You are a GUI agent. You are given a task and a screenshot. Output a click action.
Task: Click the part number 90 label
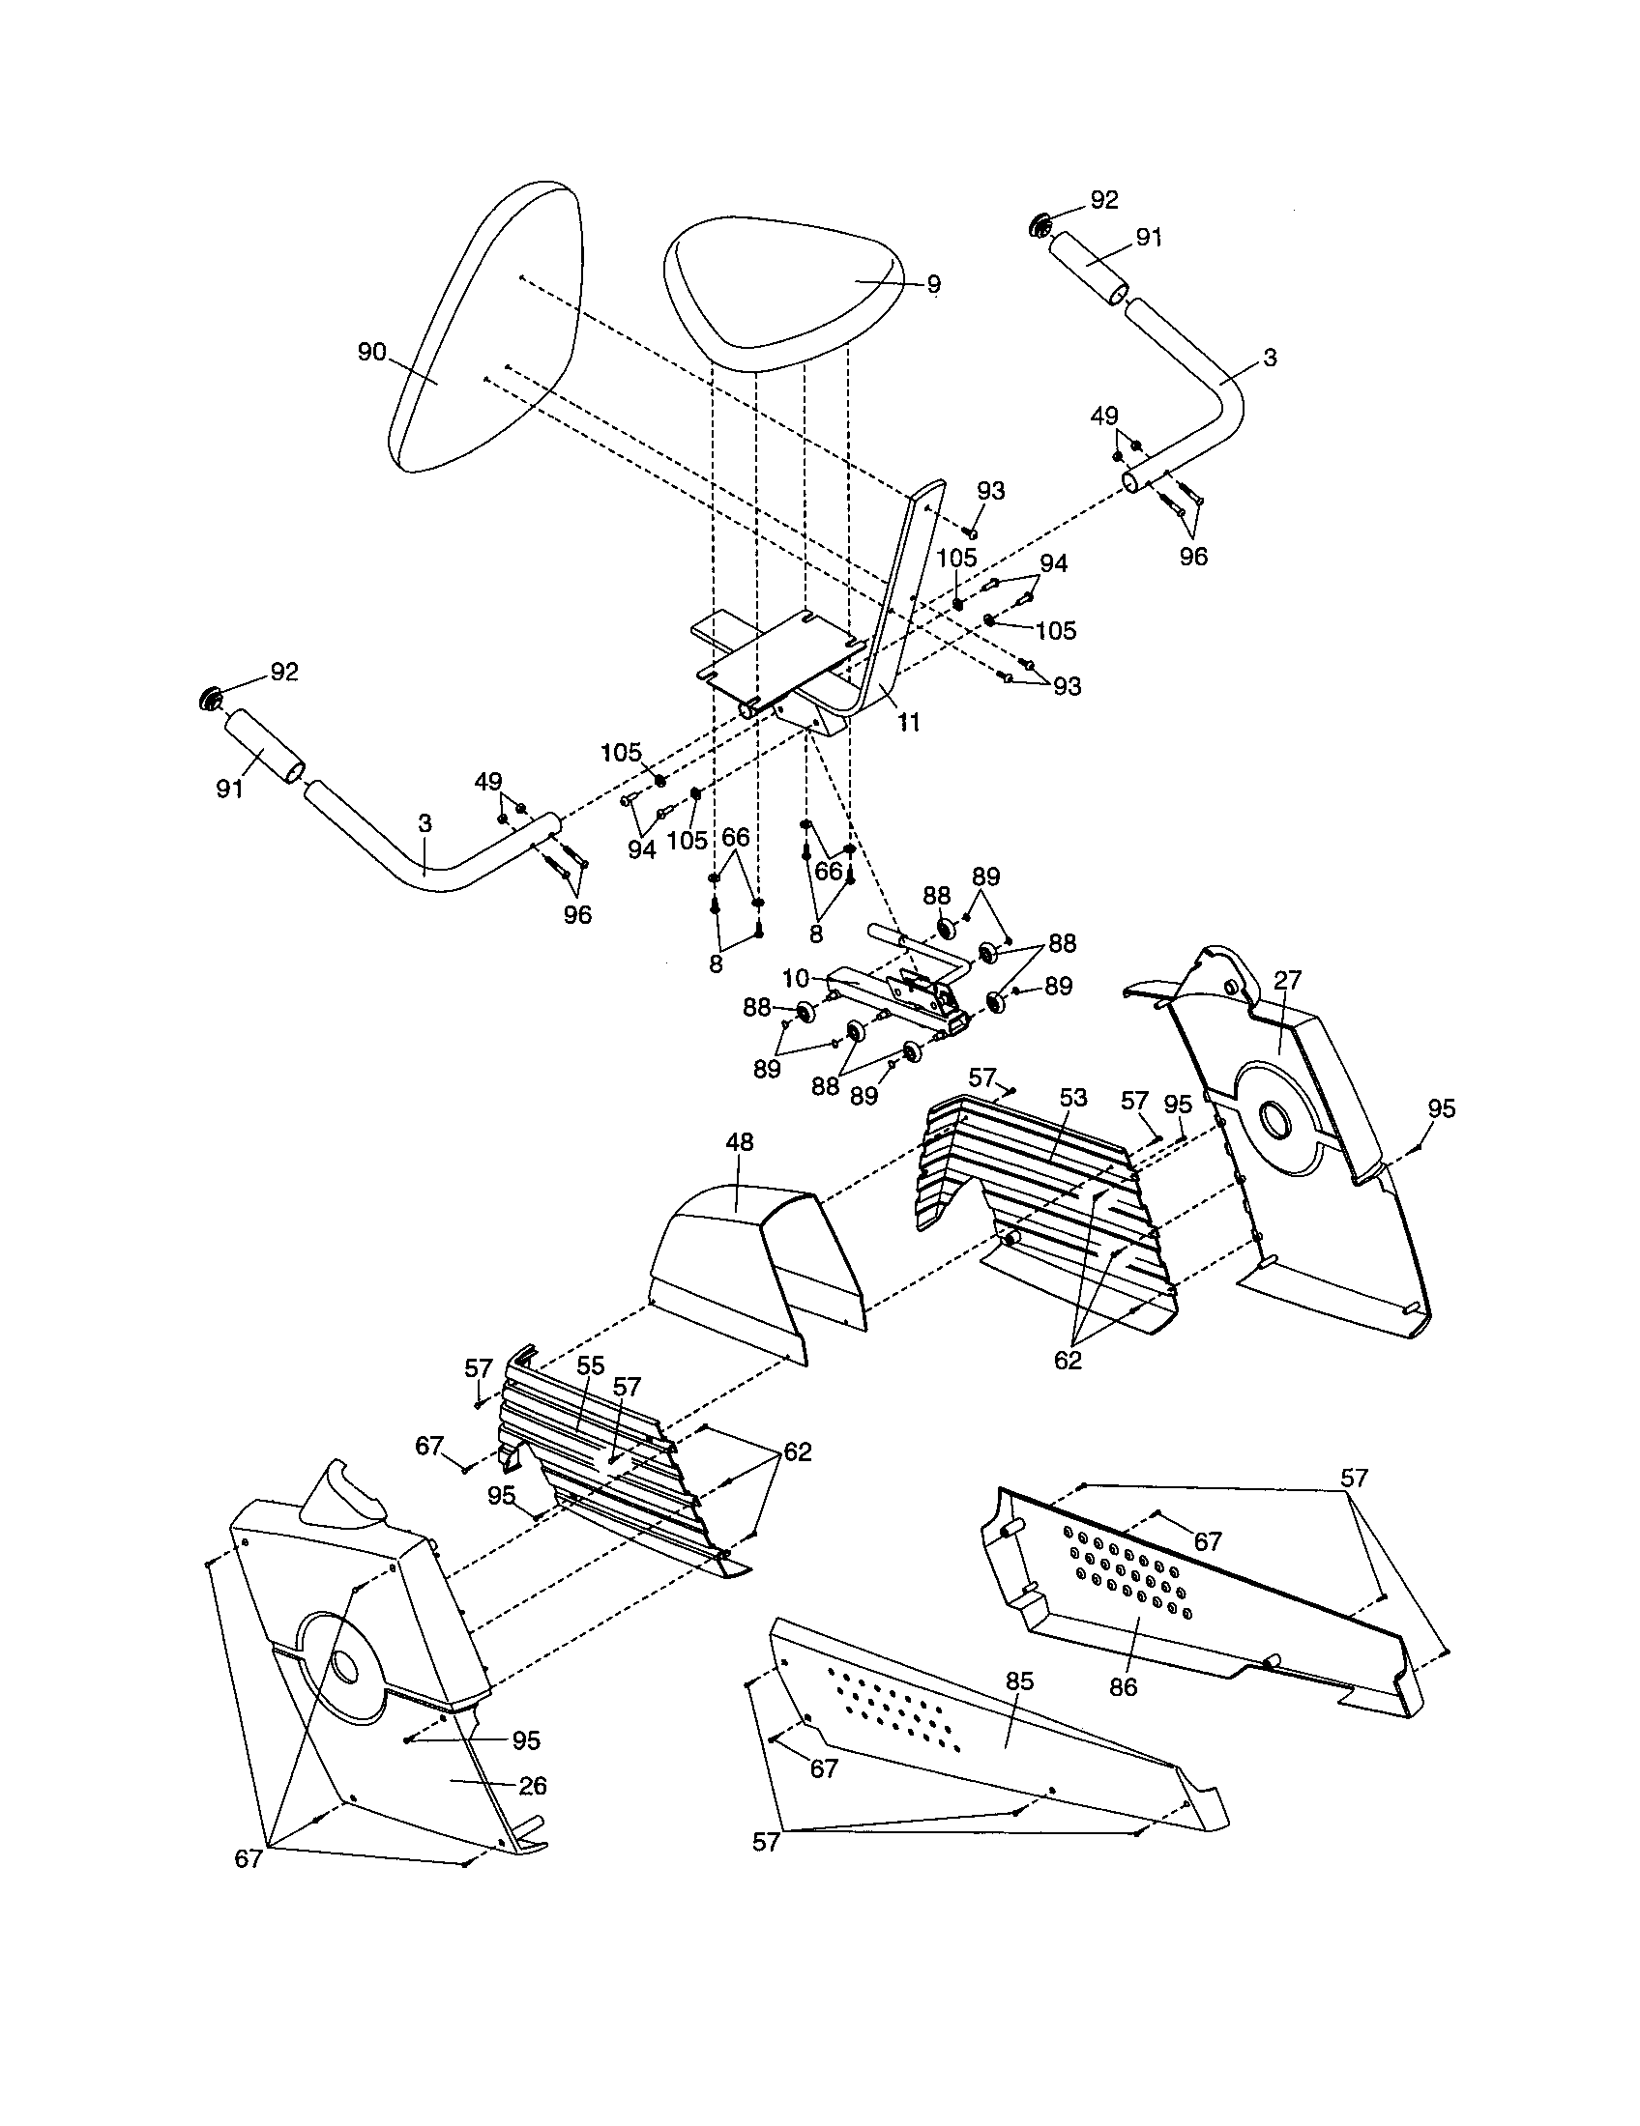tap(371, 353)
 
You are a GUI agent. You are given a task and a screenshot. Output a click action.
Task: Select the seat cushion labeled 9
tap(779, 292)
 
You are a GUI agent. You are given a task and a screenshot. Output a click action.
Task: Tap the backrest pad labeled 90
tap(487, 330)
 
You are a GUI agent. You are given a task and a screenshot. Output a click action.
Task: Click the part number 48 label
tap(739, 1142)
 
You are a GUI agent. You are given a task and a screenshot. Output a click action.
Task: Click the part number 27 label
tap(1287, 979)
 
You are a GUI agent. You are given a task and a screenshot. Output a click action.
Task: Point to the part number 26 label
tap(533, 1785)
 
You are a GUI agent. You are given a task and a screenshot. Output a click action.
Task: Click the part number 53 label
tap(1072, 1098)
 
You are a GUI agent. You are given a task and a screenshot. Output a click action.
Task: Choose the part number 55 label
tap(590, 1365)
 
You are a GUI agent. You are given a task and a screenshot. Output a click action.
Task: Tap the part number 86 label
tap(1123, 1687)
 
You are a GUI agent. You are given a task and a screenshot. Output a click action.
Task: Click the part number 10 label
tap(796, 977)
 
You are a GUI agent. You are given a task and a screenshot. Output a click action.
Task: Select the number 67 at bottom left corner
tap(249, 1858)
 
